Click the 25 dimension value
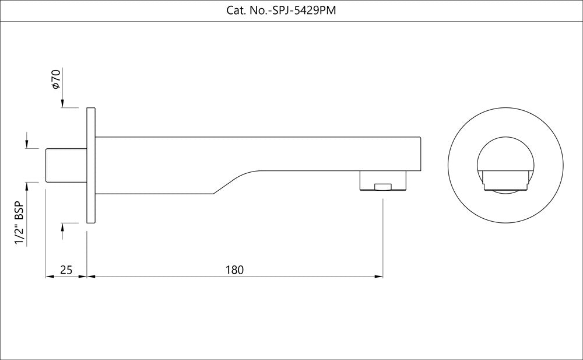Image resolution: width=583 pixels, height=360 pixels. pyautogui.click(x=66, y=270)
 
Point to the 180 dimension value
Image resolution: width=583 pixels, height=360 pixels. pyautogui.click(x=234, y=270)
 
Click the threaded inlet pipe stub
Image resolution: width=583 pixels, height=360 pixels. pyautogui.click(x=66, y=166)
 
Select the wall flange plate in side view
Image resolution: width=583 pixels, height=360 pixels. pyautogui.click(x=90, y=165)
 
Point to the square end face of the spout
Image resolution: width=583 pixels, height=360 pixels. pyautogui.click(x=420, y=153)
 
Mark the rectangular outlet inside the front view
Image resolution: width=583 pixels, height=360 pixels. pyautogui.click(x=505, y=179)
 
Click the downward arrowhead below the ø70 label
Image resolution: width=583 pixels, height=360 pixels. pyautogui.click(x=62, y=103)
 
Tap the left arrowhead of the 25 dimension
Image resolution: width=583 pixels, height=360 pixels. pyautogui.click(x=49, y=277)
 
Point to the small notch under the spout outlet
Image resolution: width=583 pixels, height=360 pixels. pyautogui.click(x=382, y=187)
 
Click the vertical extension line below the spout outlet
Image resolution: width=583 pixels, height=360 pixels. pyautogui.click(x=382, y=233)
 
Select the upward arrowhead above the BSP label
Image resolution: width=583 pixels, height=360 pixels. pyautogui.click(x=26, y=187)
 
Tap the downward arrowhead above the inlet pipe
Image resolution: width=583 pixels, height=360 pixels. pyautogui.click(x=26, y=144)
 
